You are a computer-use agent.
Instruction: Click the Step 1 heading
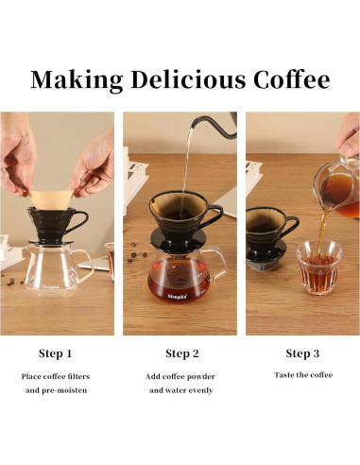[56, 353]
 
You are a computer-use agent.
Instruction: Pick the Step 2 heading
[182, 353]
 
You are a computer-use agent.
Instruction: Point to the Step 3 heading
[303, 353]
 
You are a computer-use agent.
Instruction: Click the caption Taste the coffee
[303, 375]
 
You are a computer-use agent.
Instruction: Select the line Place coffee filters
[56, 376]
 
